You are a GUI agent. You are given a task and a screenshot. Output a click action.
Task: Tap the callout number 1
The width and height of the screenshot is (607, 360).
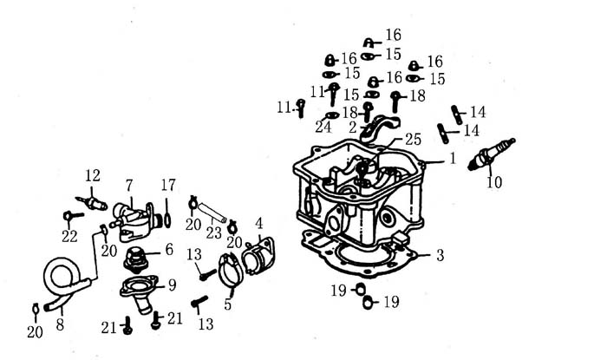[452, 159]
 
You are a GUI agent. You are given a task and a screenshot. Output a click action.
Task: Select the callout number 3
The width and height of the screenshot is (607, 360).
[440, 255]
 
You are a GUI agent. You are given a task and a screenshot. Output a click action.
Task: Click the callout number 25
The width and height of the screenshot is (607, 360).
[413, 139]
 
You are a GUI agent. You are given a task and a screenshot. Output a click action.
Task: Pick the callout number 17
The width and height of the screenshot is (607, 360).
[168, 185]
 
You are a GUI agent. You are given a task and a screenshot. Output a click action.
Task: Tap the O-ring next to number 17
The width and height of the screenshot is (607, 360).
[166, 215]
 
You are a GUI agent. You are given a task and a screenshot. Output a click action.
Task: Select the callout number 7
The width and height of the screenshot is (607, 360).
[129, 185]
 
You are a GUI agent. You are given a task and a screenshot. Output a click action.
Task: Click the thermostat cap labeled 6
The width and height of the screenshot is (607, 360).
[134, 258]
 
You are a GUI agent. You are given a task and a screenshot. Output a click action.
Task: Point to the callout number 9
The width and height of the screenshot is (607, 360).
[172, 284]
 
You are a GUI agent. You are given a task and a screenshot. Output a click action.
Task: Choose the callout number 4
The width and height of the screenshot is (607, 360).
[258, 224]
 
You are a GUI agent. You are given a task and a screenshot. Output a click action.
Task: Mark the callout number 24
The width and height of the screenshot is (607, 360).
[323, 127]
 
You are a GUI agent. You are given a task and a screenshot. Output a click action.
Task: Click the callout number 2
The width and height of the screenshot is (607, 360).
[353, 128]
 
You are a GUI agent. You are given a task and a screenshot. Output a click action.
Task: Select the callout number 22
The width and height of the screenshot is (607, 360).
[69, 235]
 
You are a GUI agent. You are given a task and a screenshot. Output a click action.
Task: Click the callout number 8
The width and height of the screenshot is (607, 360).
[59, 324]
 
